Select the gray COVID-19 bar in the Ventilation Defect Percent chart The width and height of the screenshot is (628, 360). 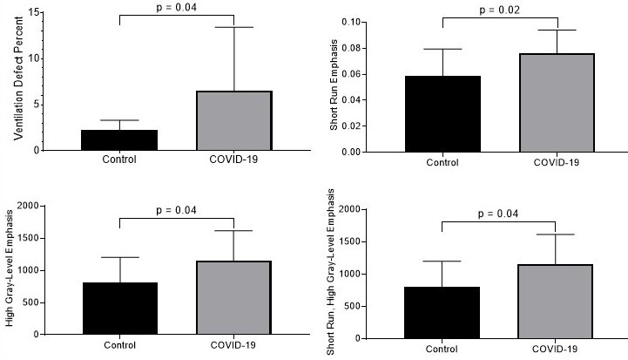(233, 120)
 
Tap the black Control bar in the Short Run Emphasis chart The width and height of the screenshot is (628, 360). (442, 113)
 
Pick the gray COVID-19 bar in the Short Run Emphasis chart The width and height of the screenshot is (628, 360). (557, 102)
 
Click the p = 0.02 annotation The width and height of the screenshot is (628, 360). (500, 10)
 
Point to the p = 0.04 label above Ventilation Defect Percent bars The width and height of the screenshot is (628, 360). (177, 8)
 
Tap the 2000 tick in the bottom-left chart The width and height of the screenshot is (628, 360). (30, 206)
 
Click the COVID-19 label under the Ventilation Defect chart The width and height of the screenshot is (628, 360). (233, 160)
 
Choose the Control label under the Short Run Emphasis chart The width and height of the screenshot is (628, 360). (442, 163)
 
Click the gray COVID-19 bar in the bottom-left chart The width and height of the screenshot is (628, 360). (233, 297)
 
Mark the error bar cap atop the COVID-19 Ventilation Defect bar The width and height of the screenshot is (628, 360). (233, 27)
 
